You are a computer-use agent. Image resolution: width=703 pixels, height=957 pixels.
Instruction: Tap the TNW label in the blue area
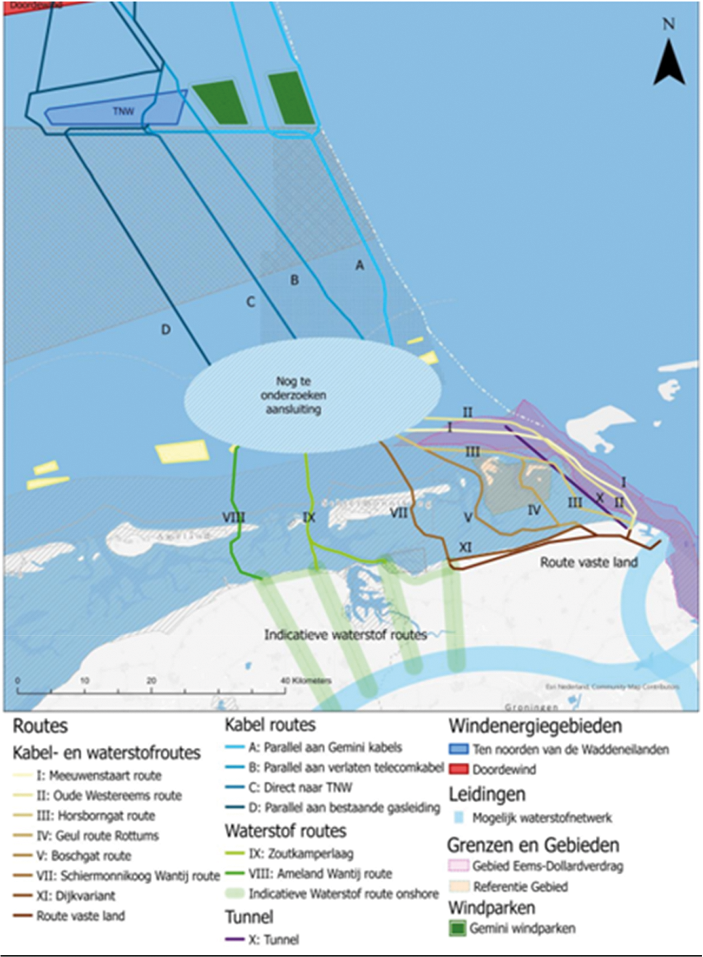(x=123, y=111)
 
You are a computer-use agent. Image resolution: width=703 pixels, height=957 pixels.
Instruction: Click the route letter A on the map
(x=359, y=265)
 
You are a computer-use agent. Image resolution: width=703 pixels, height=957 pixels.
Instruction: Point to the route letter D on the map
(x=166, y=329)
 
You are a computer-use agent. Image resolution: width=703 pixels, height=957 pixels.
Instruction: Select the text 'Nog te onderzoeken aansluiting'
(x=293, y=395)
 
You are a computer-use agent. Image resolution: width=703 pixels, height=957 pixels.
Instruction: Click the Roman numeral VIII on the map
(x=233, y=517)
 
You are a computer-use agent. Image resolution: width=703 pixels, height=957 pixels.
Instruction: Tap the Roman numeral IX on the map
(x=308, y=517)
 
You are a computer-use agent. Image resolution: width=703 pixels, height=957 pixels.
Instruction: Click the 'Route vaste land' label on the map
(x=589, y=562)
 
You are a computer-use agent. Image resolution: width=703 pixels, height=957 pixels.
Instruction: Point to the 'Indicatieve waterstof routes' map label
(x=345, y=634)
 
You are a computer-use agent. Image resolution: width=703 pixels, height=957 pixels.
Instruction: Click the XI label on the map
(x=465, y=547)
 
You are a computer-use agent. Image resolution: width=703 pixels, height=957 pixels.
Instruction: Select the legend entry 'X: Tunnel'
(x=273, y=940)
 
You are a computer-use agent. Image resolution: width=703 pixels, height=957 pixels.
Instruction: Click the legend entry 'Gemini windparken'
(x=522, y=928)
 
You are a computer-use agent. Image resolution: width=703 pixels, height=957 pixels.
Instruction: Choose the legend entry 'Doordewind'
(x=504, y=769)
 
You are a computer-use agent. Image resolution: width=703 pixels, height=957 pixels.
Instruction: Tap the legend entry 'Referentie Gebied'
(x=520, y=887)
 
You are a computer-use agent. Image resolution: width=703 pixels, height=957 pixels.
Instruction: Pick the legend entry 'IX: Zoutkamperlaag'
(x=300, y=854)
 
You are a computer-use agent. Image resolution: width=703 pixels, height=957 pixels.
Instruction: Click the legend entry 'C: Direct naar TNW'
(x=300, y=788)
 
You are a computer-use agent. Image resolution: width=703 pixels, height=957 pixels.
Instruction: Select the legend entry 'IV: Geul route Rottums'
(x=97, y=835)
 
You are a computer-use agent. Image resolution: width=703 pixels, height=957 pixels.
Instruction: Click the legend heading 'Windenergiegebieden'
(x=535, y=726)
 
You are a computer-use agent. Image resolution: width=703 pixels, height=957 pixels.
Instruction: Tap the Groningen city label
(x=531, y=707)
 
